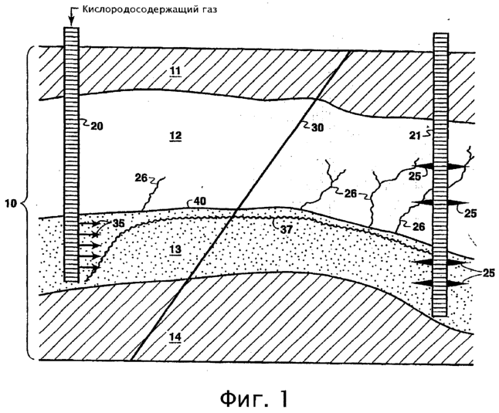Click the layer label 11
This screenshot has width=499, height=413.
[175, 70]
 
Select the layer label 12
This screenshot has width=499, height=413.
[175, 135]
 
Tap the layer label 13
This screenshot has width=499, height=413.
[175, 249]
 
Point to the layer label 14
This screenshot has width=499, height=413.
[175, 337]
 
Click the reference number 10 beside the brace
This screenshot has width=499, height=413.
[11, 203]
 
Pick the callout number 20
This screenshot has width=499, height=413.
[97, 127]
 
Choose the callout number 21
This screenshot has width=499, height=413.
[415, 135]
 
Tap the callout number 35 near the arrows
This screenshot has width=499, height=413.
[118, 223]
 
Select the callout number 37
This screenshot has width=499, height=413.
[286, 229]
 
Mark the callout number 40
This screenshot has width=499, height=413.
[200, 201]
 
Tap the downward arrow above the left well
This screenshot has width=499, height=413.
[72, 16]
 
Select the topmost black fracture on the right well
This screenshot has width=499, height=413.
[441, 166]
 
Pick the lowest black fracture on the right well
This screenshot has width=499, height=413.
[441, 283]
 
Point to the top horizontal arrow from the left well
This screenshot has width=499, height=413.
[89, 224]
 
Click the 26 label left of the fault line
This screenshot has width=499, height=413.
[141, 178]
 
